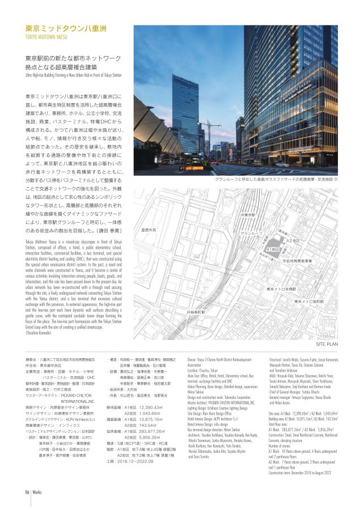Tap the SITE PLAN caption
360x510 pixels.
[327, 328]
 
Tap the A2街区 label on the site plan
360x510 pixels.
[293, 241]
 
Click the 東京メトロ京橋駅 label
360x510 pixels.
[282, 288]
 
